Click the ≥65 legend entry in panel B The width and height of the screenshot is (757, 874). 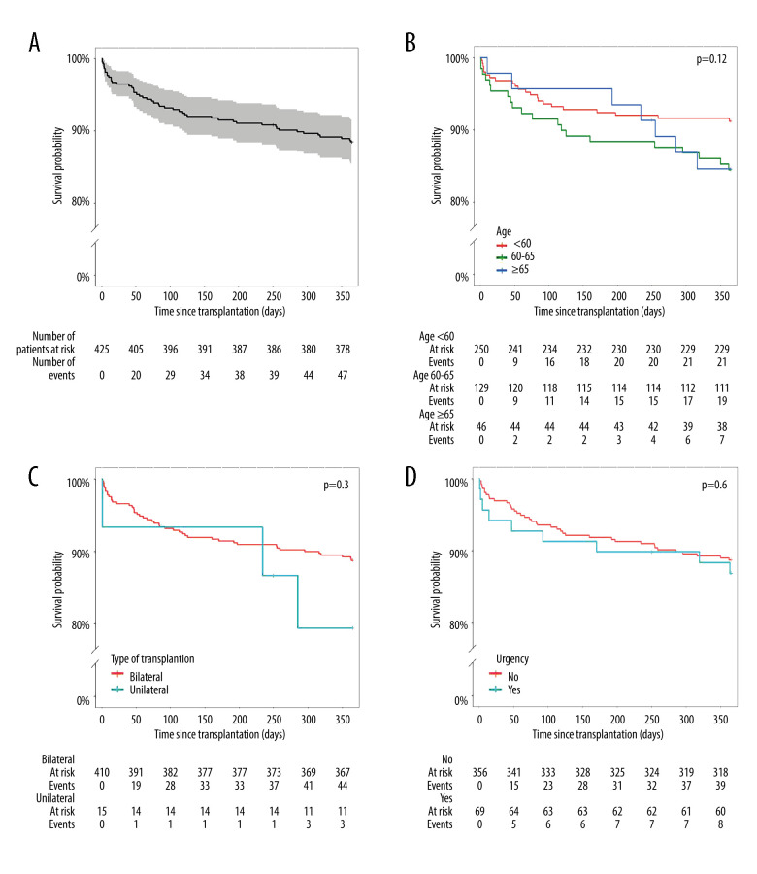[x=524, y=267]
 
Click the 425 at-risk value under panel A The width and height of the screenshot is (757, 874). [x=101, y=347]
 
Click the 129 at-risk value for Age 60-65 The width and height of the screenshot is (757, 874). [x=481, y=385]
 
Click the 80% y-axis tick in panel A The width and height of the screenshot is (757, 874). [x=78, y=201]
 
